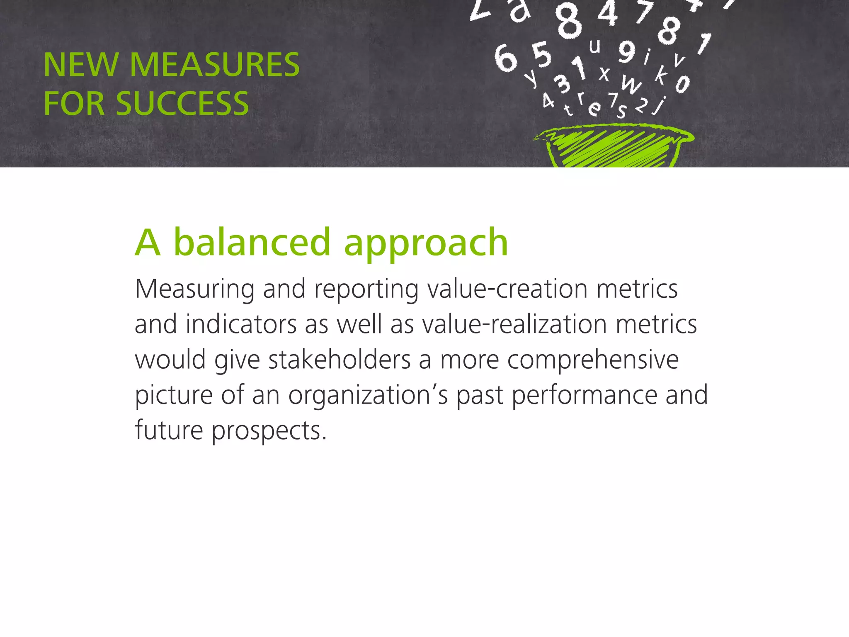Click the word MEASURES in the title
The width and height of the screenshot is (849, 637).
[x=214, y=65]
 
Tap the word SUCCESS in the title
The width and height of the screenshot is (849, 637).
[x=182, y=104]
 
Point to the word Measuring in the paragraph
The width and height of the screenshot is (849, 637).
[x=194, y=289]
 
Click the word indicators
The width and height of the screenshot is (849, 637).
[x=241, y=324]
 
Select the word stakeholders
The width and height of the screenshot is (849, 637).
[x=340, y=359]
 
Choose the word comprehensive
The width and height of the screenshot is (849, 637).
[x=593, y=360]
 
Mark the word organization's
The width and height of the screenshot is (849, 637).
[x=368, y=395]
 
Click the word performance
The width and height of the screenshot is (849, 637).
[x=584, y=395]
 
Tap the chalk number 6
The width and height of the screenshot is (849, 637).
[x=506, y=58]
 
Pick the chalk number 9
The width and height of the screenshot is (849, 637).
[x=627, y=51]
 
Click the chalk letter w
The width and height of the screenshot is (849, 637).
[x=631, y=85]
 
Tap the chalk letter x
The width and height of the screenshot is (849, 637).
[x=604, y=74]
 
